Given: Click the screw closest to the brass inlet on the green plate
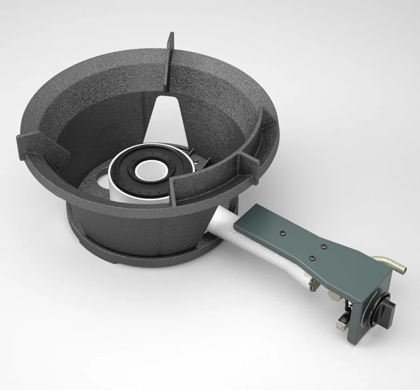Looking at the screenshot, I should coord(322,243).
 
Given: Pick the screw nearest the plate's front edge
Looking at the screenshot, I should coord(312,256).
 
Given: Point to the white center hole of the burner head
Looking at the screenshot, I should coord(151,169).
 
